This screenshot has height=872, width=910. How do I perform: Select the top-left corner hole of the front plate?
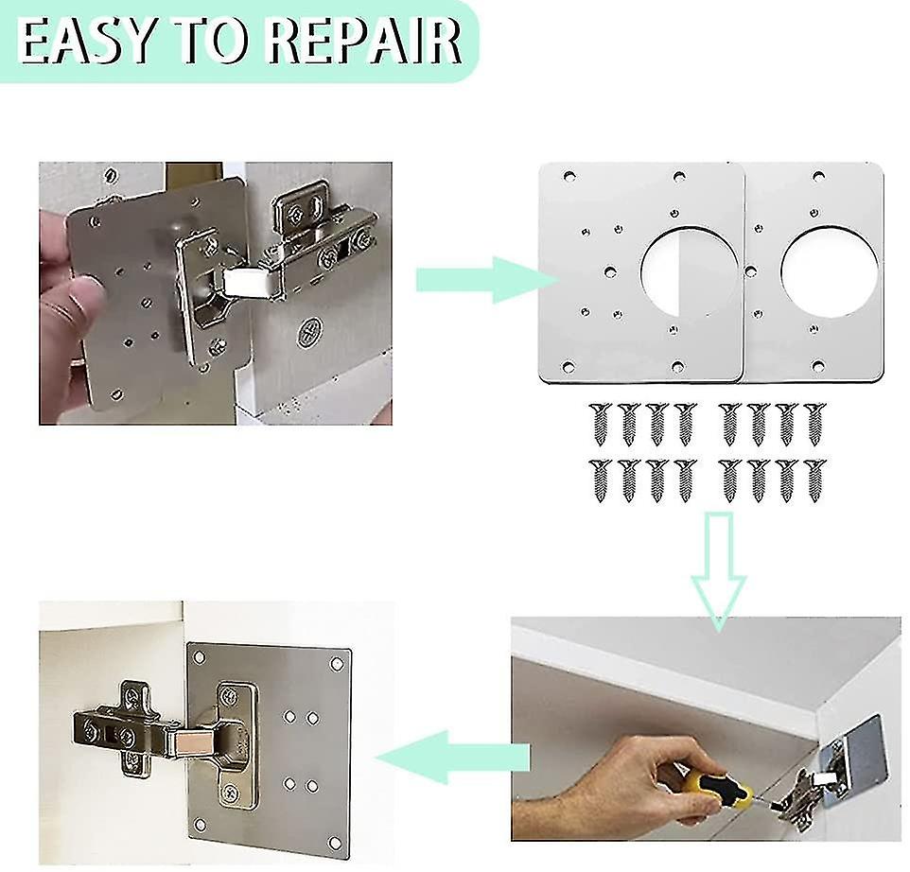pyautogui.click(x=569, y=177)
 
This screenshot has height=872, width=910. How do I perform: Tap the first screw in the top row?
pyautogui.click(x=599, y=423)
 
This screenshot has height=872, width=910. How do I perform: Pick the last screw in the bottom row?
pyautogui.click(x=814, y=480)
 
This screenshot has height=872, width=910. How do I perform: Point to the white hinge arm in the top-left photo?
pyautogui.click(x=247, y=279)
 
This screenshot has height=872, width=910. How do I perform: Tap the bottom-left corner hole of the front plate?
pyautogui.click(x=569, y=365)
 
